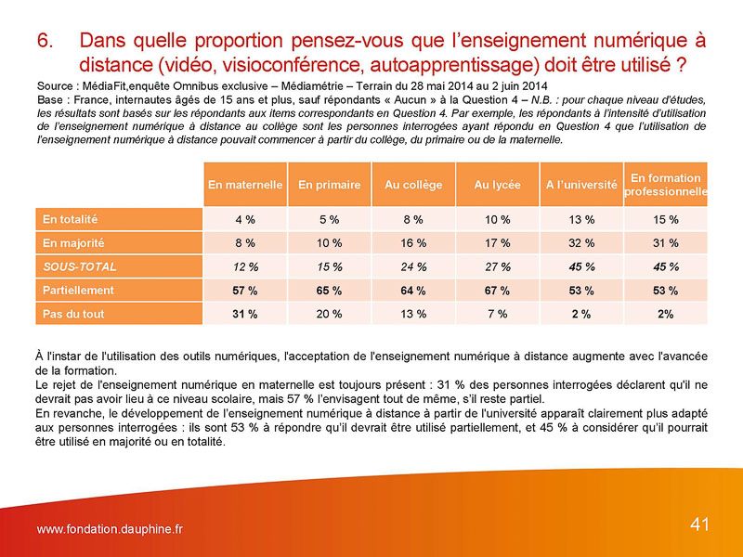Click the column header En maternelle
[x=245, y=185]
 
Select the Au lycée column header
[x=497, y=185]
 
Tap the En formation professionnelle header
[x=665, y=185]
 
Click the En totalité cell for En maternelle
[x=245, y=220]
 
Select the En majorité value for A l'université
[x=581, y=243]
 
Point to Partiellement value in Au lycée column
[x=497, y=291]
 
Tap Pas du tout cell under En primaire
[x=329, y=314]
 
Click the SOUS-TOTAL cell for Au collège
[x=413, y=266]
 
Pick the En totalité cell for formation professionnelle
[x=665, y=220]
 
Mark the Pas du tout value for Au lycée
[x=497, y=314]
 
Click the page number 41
[x=699, y=525]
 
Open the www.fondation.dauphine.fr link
[x=110, y=529]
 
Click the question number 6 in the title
[x=45, y=41]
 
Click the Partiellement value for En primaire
[x=329, y=291]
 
